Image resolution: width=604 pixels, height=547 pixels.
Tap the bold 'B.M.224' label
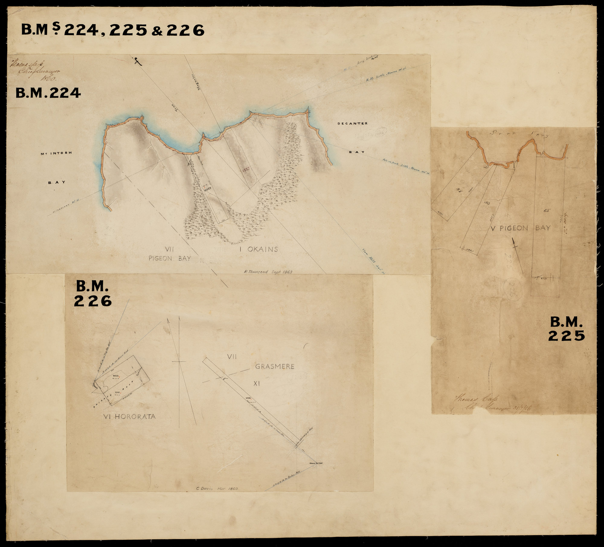coord(48,93)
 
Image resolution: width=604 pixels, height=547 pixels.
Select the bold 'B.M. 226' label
coord(93,294)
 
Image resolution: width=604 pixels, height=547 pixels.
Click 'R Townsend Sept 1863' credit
coord(268,272)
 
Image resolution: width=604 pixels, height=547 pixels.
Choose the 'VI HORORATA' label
coord(129,416)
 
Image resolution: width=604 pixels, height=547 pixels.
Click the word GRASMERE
coord(275,366)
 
